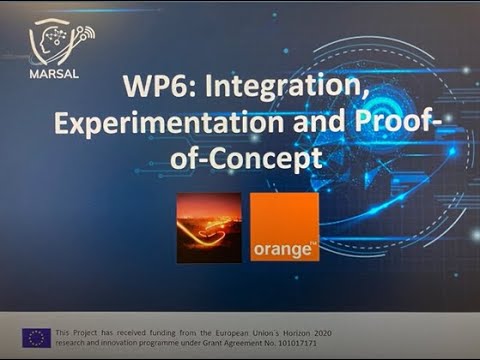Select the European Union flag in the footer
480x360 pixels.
[38, 336]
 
